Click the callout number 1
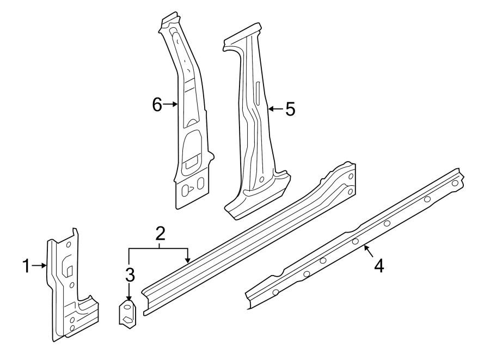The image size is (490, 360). tap(26, 266)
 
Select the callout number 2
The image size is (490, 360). tap(160, 235)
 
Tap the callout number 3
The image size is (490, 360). tap(129, 274)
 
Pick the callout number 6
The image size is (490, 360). tap(157, 104)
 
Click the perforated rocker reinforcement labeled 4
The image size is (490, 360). tap(354, 240)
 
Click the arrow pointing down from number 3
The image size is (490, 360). tap(129, 293)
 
